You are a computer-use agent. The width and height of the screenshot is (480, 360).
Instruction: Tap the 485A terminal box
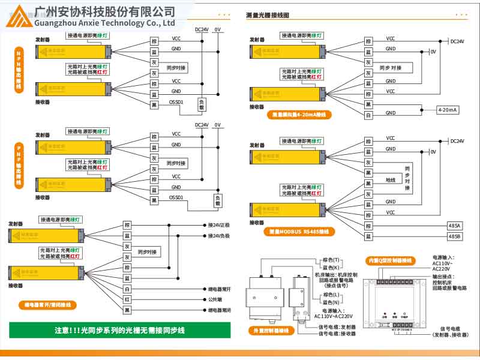(455, 226)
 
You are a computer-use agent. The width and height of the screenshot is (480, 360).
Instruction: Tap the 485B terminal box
(455, 236)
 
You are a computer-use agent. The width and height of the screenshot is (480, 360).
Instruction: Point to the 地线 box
(390, 179)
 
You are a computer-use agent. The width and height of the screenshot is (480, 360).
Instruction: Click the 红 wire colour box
(127, 299)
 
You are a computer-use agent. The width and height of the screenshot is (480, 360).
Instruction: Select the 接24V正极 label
(219, 225)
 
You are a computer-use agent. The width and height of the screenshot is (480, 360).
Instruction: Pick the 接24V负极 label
(219, 236)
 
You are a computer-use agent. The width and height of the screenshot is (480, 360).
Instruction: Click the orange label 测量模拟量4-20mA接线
(299, 114)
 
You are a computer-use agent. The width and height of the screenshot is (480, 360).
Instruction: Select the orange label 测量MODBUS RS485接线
(299, 231)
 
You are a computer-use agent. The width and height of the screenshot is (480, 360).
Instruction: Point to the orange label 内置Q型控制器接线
(391, 260)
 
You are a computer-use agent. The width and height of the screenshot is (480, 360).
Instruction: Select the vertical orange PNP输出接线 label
(19, 166)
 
